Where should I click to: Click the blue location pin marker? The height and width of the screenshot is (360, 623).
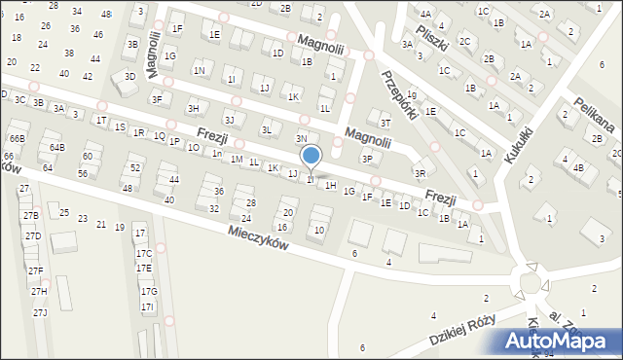pyautogui.click(x=311, y=156)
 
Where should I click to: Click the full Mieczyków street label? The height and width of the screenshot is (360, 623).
pyautogui.click(x=260, y=238)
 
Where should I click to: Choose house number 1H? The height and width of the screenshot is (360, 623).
pyautogui.click(x=331, y=185)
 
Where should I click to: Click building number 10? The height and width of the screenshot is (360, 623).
pyautogui.click(x=319, y=231)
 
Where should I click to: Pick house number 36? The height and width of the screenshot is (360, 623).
pyautogui.click(x=219, y=192)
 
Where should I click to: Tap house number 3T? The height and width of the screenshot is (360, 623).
pyautogui.click(x=385, y=123)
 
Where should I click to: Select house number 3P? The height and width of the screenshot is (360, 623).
pyautogui.click(x=367, y=159)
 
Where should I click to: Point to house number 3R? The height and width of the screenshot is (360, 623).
pyautogui.click(x=420, y=173)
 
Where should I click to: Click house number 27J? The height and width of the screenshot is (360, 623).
pyautogui.click(x=40, y=312)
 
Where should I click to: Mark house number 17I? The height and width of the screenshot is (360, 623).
pyautogui.click(x=147, y=306)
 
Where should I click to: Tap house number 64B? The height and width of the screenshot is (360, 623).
pyautogui.click(x=57, y=147)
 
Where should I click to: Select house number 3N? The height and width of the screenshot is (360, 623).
pyautogui.click(x=302, y=139)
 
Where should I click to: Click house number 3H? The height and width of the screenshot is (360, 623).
pyautogui.click(x=193, y=108)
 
